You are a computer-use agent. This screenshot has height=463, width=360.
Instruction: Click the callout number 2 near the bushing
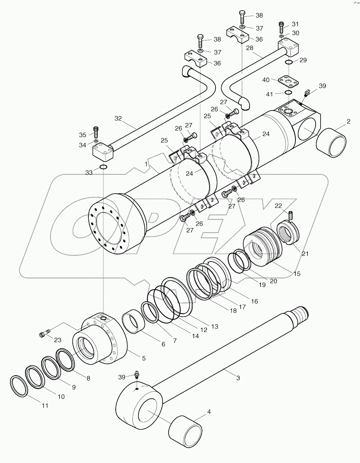(x=349, y=122)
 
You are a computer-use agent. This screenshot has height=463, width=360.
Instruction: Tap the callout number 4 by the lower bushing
(x=209, y=412)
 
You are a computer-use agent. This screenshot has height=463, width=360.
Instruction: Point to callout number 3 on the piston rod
(x=238, y=378)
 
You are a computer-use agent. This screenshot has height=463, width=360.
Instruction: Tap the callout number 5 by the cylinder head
(x=144, y=359)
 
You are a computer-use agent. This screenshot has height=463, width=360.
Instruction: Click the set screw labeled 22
(x=290, y=215)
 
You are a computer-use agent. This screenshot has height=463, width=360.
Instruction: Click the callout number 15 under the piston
(x=297, y=274)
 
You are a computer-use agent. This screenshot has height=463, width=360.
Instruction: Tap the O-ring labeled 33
(x=103, y=167)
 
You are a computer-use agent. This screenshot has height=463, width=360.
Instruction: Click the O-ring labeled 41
(x=289, y=93)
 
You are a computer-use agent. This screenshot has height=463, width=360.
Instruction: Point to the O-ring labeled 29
(x=289, y=63)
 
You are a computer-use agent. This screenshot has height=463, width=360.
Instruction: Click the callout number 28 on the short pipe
(x=250, y=48)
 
